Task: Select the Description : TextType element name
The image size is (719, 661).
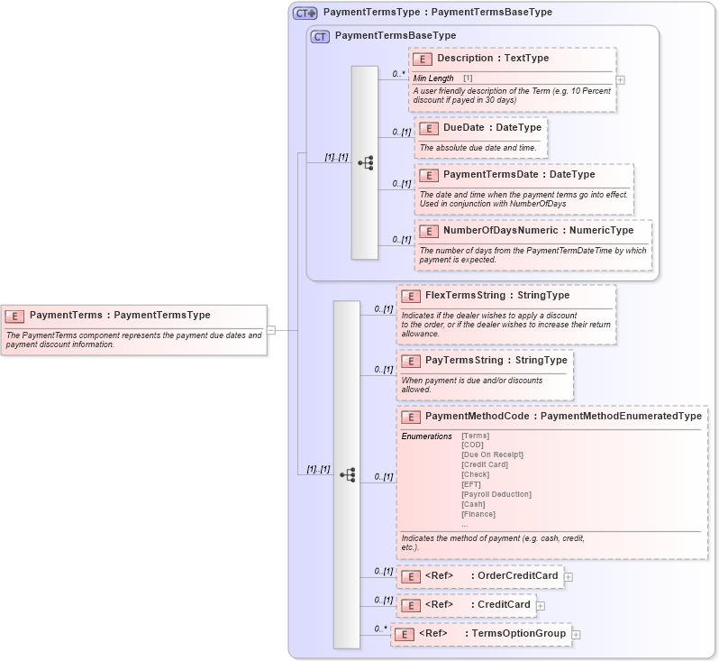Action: (493, 59)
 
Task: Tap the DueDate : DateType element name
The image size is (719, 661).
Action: (492, 128)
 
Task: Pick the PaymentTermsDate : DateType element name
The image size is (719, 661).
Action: (519, 175)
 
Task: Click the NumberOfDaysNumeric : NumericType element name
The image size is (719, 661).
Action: (538, 231)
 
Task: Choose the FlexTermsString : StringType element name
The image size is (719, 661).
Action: (497, 296)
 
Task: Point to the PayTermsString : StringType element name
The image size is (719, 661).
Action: (496, 361)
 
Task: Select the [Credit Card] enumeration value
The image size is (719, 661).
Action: (485, 464)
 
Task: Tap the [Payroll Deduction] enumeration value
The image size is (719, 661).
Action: (496, 494)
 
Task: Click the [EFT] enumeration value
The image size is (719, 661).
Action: (471, 484)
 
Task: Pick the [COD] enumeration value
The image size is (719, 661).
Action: (473, 445)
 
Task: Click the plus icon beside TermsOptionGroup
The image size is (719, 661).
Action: (576, 635)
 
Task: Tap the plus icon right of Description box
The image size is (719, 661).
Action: (620, 79)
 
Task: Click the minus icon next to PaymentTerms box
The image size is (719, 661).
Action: (271, 330)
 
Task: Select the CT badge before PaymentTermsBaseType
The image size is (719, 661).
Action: (320, 36)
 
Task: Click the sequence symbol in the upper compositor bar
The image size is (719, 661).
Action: (366, 163)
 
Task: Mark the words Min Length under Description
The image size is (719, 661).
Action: (433, 78)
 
